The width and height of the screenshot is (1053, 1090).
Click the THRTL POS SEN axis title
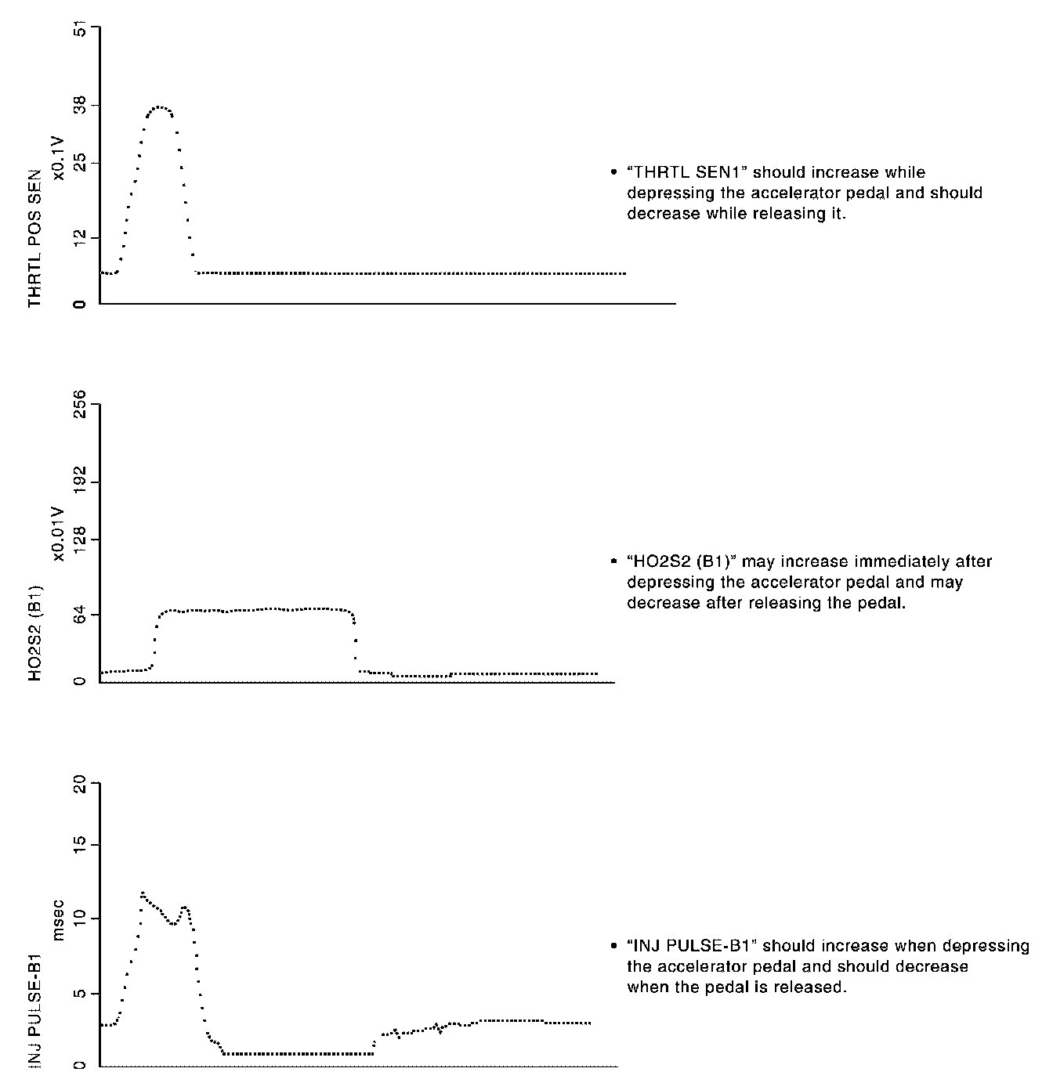tap(34, 238)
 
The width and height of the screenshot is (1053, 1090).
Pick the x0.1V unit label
tap(59, 157)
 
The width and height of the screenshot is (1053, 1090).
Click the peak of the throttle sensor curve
tap(161, 107)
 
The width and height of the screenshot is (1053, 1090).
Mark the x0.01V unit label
tap(59, 533)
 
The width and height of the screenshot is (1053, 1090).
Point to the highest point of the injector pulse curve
tap(143, 893)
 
